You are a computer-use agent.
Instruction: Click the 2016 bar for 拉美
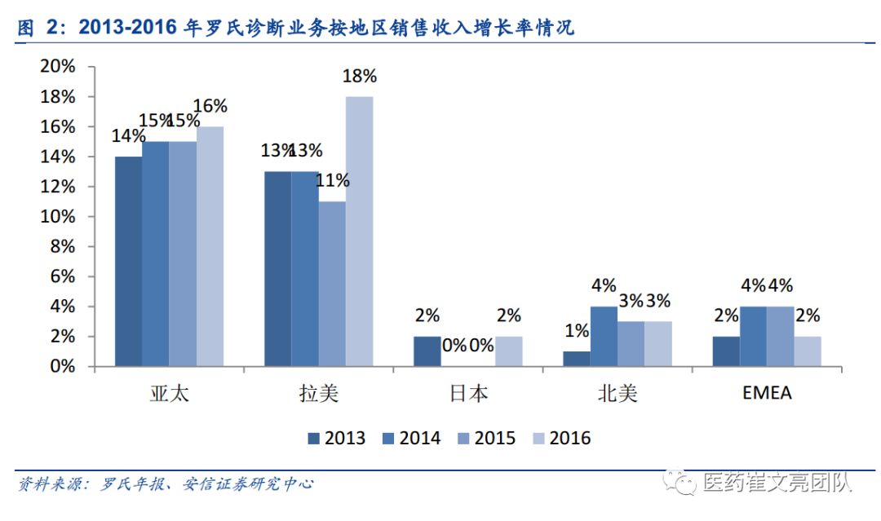point(359,232)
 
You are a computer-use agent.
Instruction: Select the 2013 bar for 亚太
point(129,261)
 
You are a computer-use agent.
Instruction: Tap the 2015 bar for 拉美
point(332,284)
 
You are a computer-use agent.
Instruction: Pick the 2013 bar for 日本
point(427,351)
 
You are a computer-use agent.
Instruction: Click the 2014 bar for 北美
point(604,336)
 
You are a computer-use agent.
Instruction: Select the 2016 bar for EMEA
point(808,351)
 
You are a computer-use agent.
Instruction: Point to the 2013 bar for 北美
point(577,359)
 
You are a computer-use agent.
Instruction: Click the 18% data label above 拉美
point(360,76)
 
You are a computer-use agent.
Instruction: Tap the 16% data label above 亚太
point(210,105)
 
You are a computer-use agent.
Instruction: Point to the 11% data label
point(333,180)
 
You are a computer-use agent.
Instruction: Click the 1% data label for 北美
point(577,331)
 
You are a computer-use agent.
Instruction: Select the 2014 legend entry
point(411,438)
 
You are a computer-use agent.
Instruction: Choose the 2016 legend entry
point(561,438)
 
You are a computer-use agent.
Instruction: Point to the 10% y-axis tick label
point(57,216)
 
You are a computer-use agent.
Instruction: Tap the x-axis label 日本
point(468,394)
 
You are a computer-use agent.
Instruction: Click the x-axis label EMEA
point(767,392)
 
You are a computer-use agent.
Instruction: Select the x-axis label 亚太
point(169,394)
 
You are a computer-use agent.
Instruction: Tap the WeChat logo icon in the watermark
point(680,482)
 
